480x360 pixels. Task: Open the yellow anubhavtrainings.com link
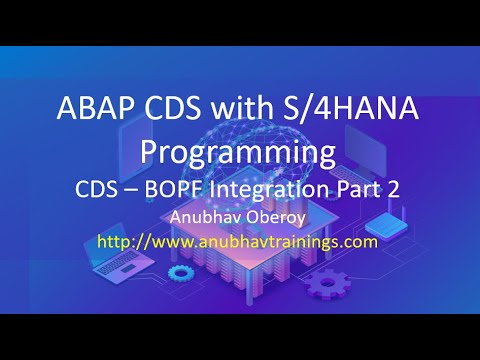click(240, 241)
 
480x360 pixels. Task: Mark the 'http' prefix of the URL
click(118, 241)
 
